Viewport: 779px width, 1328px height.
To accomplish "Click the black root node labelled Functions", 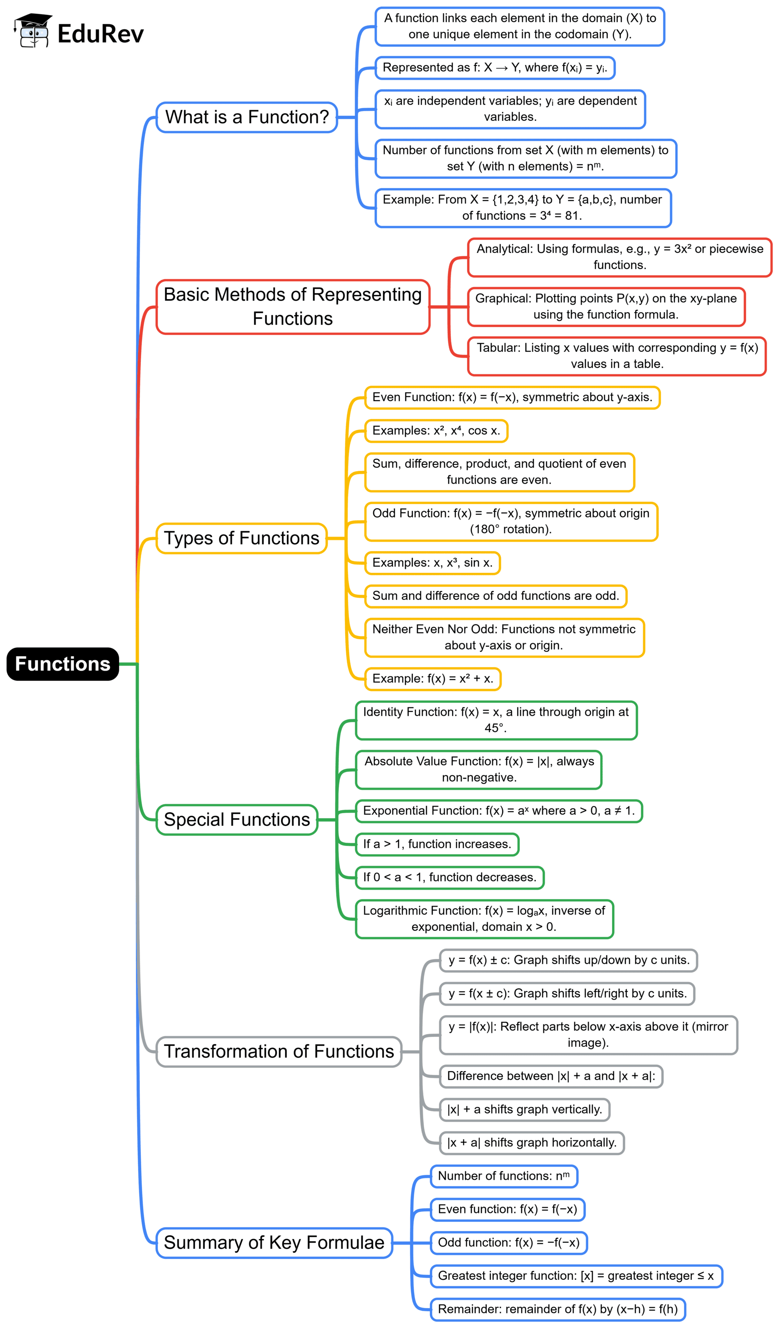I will [63, 664].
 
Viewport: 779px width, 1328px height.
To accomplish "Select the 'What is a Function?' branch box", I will [247, 117].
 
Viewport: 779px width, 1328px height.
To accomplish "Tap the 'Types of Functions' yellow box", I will [241, 538].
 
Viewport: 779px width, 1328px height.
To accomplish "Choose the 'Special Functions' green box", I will [236, 819].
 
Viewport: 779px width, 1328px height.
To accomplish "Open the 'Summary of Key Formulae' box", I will [274, 1242].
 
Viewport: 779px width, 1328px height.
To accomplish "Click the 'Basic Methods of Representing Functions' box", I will [293, 307].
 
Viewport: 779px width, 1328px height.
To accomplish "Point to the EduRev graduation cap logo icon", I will [33, 31].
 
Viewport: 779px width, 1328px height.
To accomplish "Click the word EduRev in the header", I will [100, 34].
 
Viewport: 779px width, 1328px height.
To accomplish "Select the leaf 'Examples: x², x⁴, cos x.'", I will [436, 431].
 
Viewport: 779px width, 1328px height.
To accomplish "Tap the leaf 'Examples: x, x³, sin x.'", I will [432, 563].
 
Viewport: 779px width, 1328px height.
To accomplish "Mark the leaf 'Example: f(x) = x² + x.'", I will [433, 679].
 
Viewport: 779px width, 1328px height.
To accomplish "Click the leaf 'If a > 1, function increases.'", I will [437, 844].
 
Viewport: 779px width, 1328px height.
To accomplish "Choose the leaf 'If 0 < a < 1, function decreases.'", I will [450, 877].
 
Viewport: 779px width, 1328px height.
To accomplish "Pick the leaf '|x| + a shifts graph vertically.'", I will [524, 1109].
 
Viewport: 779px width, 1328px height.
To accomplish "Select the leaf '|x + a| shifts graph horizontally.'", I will [532, 1143].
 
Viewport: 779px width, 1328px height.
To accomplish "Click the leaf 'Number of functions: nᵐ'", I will [504, 1176].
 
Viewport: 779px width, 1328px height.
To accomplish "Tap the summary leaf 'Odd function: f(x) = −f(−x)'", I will [508, 1242].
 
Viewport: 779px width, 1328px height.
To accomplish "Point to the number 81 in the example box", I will [571, 216].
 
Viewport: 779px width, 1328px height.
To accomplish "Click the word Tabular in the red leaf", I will [497, 348].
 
